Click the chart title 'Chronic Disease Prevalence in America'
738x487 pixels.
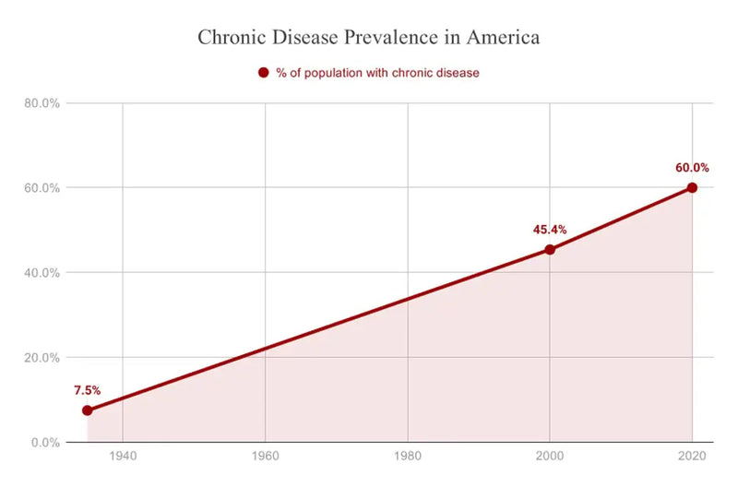point(369,39)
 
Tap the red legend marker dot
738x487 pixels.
point(263,73)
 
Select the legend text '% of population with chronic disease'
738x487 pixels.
point(377,73)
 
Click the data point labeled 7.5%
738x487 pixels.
point(88,410)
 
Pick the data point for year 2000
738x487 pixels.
point(550,249)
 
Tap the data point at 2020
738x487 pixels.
point(692,187)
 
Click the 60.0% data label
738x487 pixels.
point(691,168)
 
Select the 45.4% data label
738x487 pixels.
point(550,230)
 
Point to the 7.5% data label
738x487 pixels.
point(88,390)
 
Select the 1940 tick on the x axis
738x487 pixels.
point(123,457)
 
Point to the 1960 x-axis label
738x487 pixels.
point(266,457)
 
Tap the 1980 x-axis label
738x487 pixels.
point(408,457)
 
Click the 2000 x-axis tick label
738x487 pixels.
point(550,457)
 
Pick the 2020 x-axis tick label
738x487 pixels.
point(692,457)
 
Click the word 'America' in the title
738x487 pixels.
point(504,39)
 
